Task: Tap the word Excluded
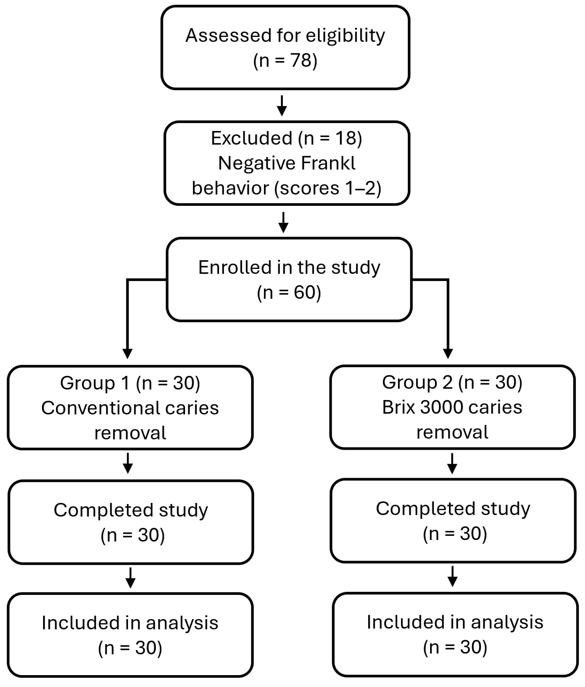click(251, 138)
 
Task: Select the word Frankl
click(328, 163)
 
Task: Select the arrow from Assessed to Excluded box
click(282, 105)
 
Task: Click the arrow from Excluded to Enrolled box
click(283, 222)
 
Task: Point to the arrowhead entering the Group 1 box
click(128, 353)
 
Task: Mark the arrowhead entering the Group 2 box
click(448, 353)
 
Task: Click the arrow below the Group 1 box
click(128, 463)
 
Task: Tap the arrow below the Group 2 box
click(452, 463)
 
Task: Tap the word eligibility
click(345, 36)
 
